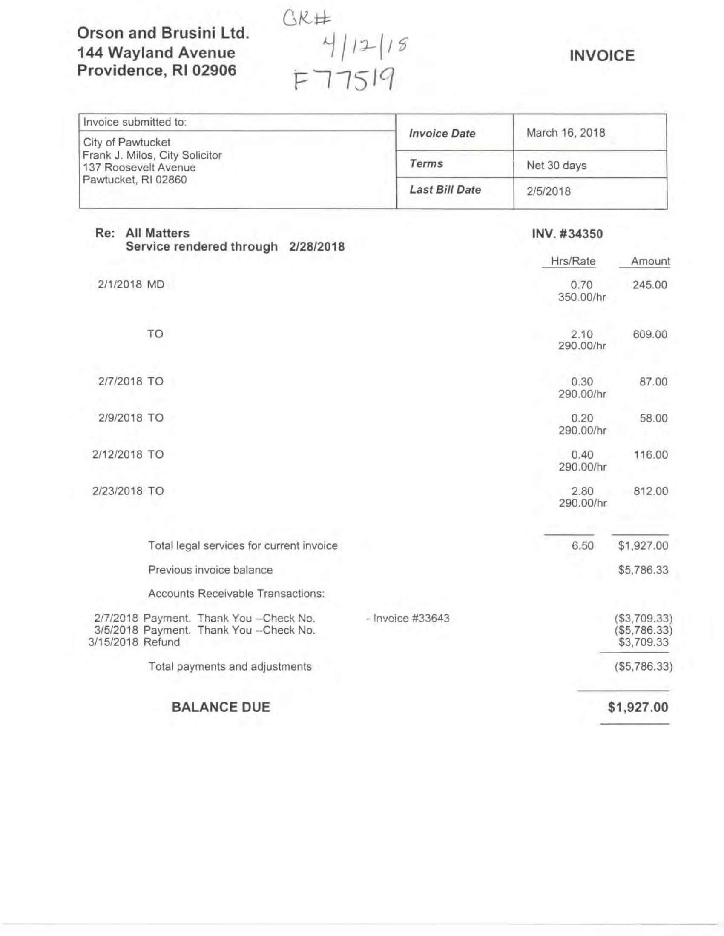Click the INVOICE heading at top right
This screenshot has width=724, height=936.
coord(602,56)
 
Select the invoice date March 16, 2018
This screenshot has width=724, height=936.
coord(565,133)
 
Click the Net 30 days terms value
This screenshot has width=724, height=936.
coord(556,166)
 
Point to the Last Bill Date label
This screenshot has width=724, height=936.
coord(445,190)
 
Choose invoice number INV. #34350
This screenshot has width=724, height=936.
coord(567,234)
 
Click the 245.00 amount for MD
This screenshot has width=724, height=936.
coord(649,285)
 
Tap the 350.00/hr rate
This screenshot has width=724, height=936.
coord(582,297)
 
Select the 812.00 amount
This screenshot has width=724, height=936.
coord(651,491)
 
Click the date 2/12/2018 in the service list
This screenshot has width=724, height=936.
coord(117,455)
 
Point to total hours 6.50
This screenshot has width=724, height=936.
coord(582,546)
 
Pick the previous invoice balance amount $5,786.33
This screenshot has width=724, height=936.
coord(643,570)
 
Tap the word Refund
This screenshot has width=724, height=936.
coord(161,642)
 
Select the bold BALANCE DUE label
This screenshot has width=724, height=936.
coord(221,707)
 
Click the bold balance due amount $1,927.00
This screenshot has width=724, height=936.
coord(638,707)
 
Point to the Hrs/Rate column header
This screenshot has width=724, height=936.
coord(572,261)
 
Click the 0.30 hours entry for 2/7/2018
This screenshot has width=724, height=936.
coord(582,382)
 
